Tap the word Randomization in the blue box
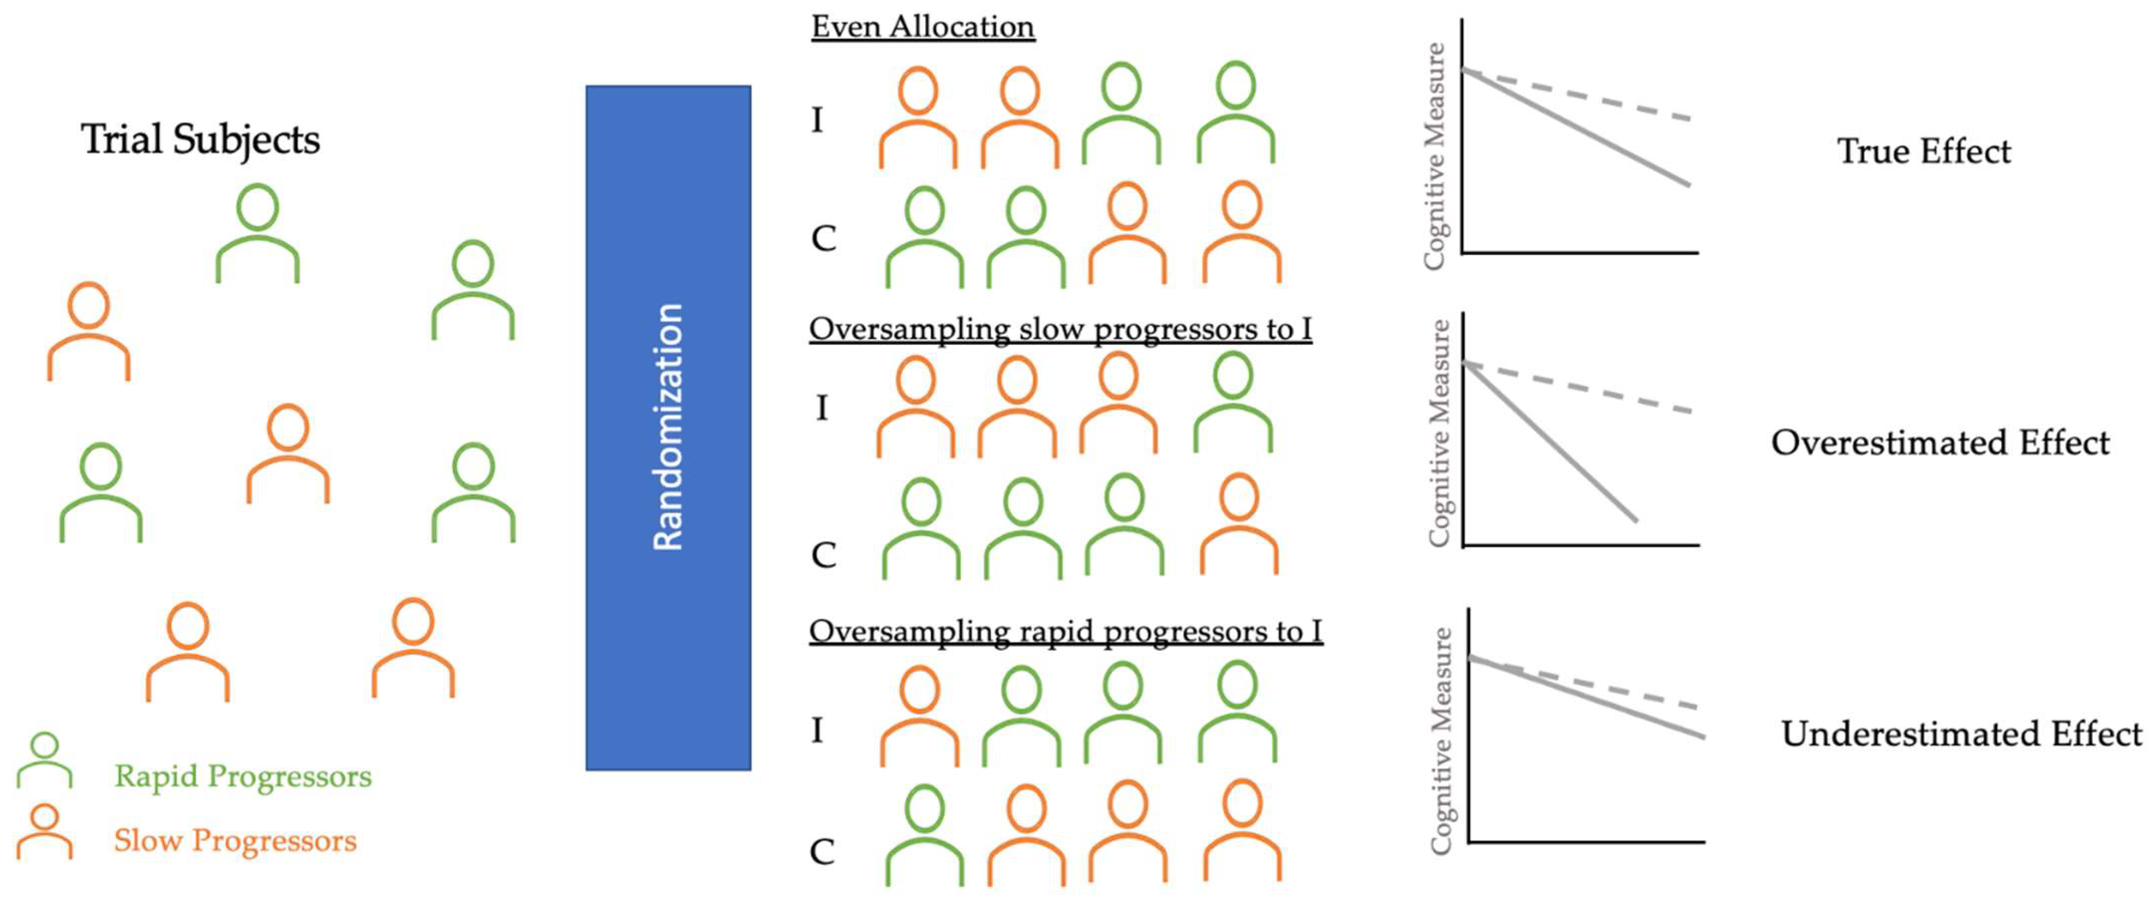click(x=668, y=427)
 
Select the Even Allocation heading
click(x=923, y=27)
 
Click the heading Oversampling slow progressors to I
click(x=1060, y=328)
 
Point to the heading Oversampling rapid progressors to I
click(x=1065, y=631)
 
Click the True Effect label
click(x=1923, y=151)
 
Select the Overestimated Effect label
click(x=1940, y=442)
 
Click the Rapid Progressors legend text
click(x=243, y=776)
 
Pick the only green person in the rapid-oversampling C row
click(x=925, y=834)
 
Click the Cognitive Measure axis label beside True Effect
click(x=1434, y=156)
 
